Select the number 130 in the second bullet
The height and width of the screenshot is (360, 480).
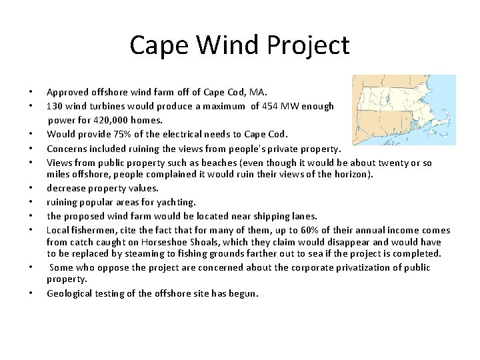point(55,106)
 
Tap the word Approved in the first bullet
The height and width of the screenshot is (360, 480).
point(66,93)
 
